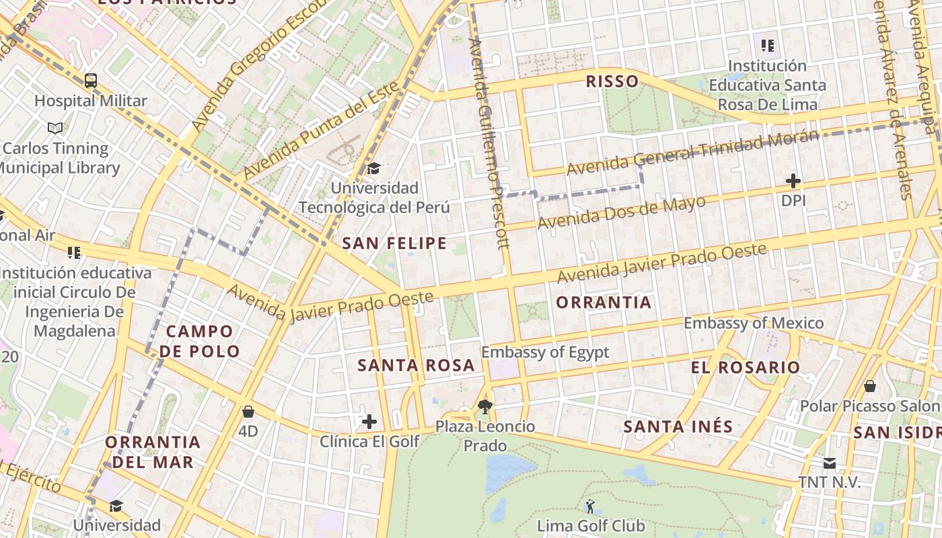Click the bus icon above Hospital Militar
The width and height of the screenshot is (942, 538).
[91, 81]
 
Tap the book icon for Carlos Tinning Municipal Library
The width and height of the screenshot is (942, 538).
[55, 128]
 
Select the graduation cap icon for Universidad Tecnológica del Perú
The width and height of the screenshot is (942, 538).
[373, 168]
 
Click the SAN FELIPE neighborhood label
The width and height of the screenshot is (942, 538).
[394, 243]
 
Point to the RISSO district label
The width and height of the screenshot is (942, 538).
[612, 82]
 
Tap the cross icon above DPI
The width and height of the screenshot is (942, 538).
[793, 180]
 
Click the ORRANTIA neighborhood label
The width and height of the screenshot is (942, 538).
[604, 303]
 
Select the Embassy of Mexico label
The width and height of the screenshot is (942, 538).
[754, 323]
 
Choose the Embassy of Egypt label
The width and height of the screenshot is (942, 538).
[545, 352]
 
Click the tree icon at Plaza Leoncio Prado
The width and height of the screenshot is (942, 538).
[484, 406]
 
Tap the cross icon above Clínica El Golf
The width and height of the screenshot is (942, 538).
[369, 422]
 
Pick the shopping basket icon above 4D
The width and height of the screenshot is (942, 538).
[248, 411]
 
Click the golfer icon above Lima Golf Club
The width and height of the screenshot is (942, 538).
[590, 506]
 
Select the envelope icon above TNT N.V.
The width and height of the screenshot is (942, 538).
[829, 463]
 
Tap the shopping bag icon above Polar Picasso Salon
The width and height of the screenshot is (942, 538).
[870, 386]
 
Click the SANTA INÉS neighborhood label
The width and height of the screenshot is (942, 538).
[678, 426]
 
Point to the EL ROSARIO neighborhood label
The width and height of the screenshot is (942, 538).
[746, 367]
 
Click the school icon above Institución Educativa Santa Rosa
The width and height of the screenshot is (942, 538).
[768, 46]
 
